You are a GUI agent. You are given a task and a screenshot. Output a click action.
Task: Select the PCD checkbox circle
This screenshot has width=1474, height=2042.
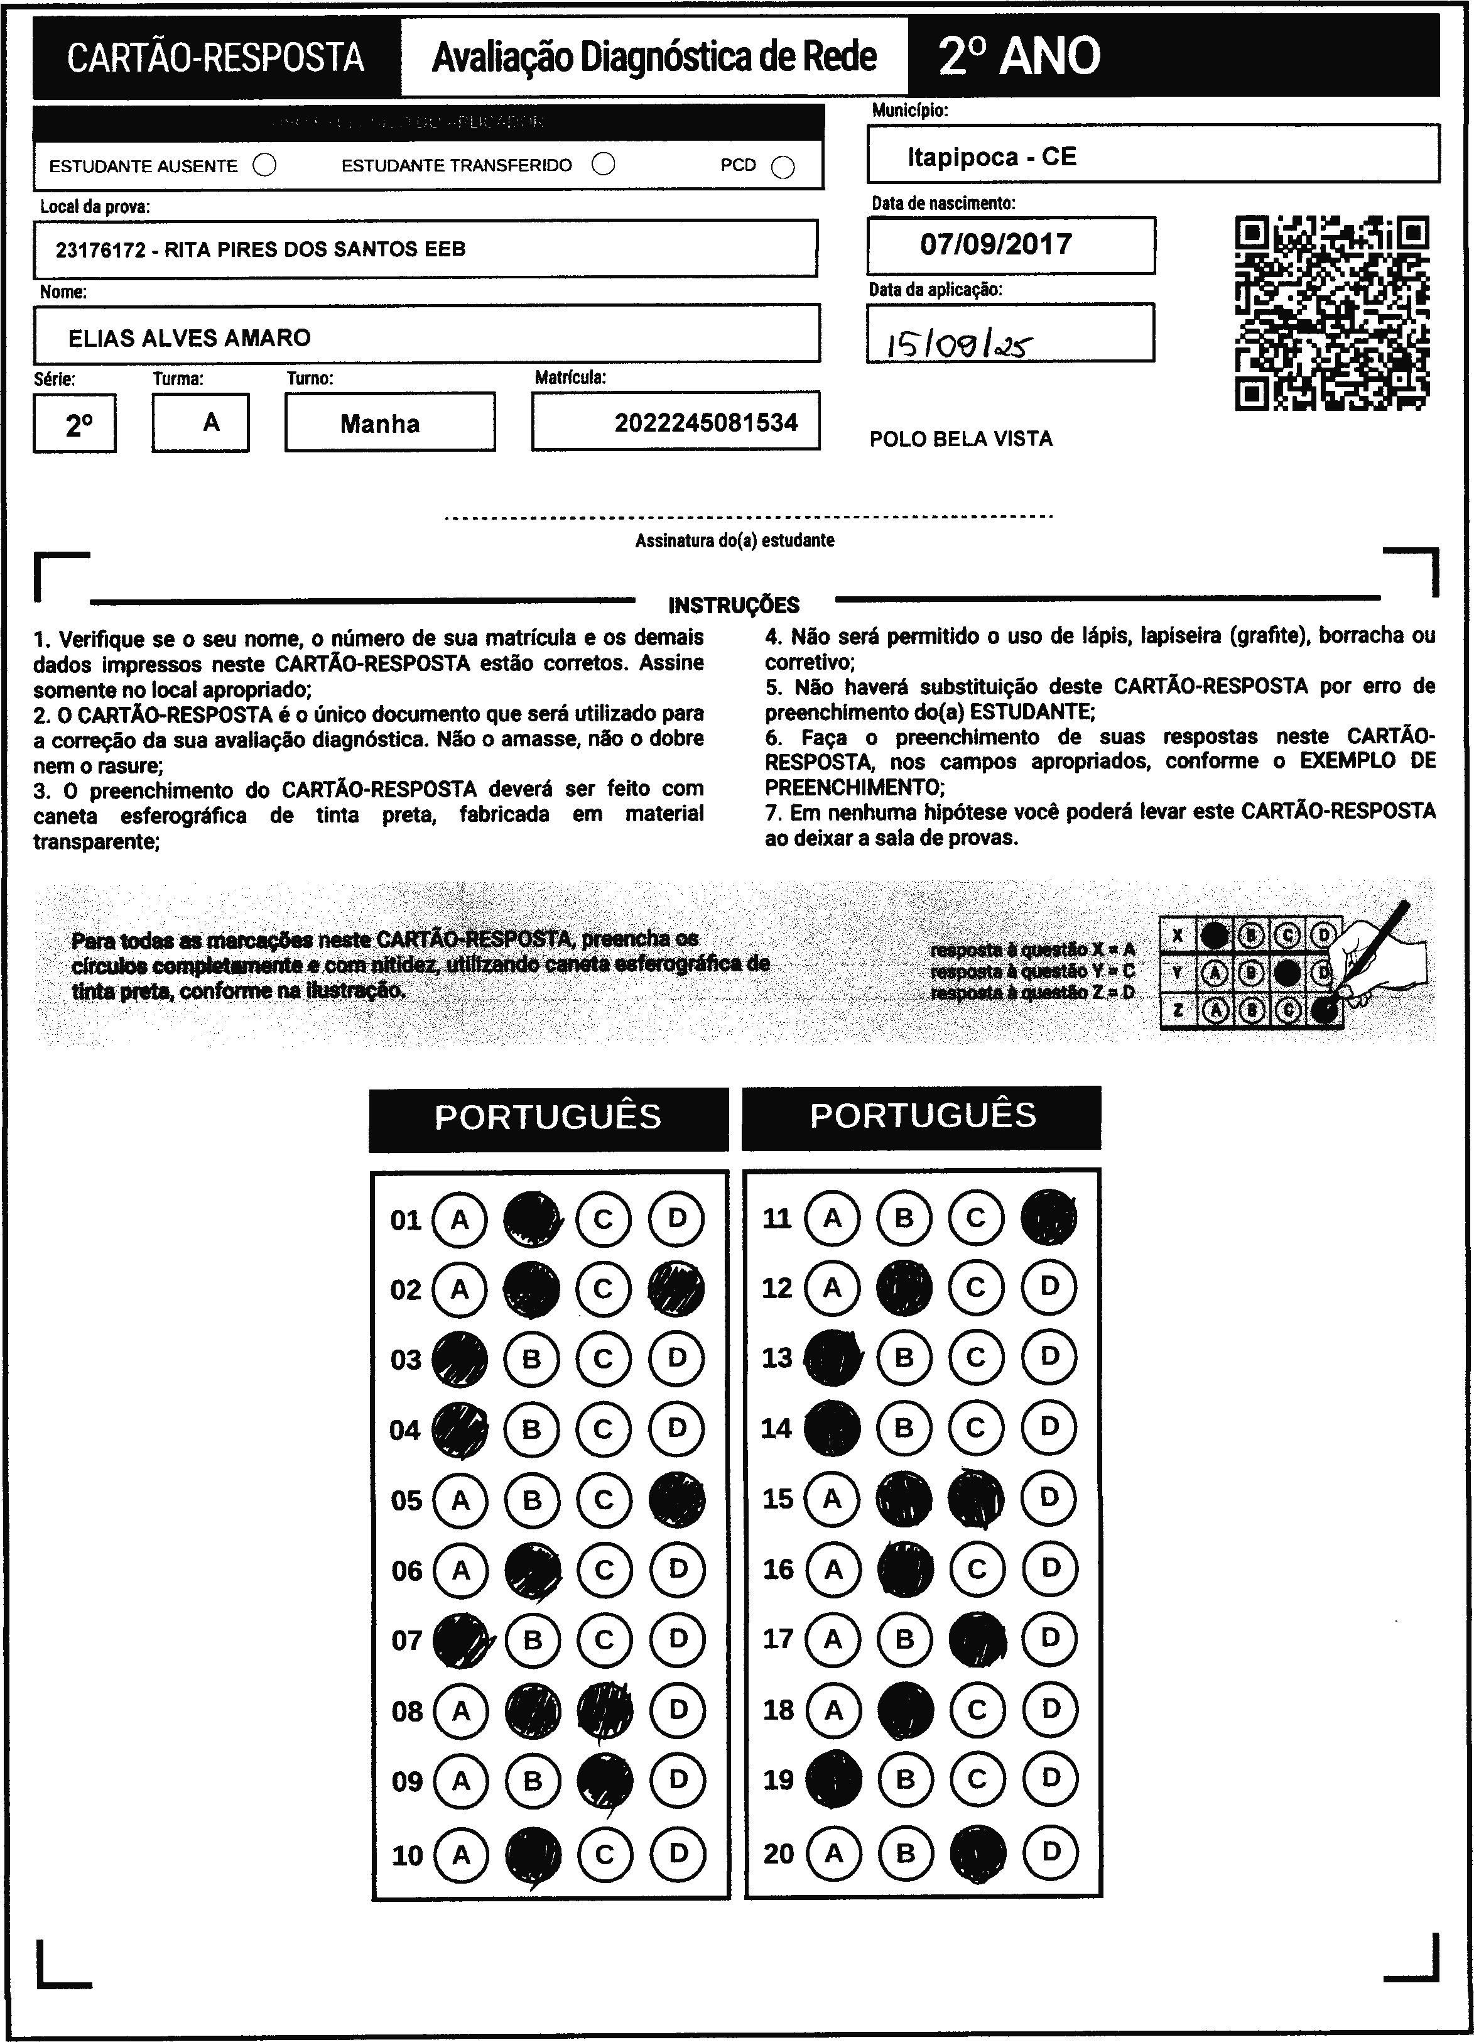coord(783,168)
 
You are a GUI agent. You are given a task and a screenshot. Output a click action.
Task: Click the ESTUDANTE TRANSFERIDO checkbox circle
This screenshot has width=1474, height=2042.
coord(604,164)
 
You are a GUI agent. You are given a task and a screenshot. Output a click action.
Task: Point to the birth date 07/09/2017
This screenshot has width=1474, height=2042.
coord(995,244)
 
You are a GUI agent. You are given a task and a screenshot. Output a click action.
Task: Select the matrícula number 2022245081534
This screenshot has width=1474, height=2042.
coord(705,422)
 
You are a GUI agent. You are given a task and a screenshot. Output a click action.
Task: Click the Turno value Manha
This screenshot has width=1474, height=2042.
coord(380,424)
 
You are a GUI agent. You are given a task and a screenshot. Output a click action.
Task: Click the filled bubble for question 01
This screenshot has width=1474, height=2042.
coord(532,1219)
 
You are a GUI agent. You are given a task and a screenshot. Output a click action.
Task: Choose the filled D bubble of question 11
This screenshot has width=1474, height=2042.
coord(1048,1217)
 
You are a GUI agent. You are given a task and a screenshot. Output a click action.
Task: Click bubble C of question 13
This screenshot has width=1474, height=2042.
coord(977,1357)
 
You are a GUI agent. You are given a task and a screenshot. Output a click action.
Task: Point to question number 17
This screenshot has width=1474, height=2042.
coord(778,1639)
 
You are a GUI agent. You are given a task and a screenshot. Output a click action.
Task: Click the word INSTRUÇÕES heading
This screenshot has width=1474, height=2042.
coord(734,605)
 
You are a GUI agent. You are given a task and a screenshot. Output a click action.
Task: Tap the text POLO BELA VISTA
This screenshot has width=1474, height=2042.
coord(960,439)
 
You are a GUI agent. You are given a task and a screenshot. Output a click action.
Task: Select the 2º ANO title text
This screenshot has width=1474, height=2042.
coord(1019,56)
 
